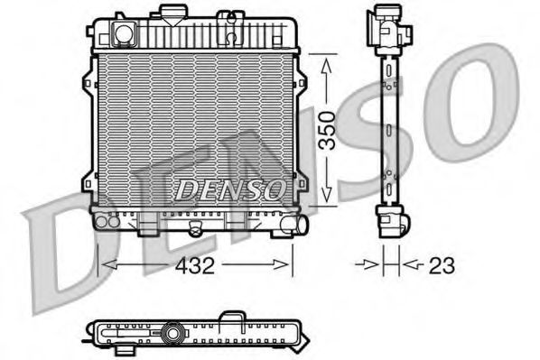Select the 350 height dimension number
[331, 128]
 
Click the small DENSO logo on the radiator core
[228, 190]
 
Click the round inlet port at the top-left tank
[123, 34]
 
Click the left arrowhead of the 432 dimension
[104, 265]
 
